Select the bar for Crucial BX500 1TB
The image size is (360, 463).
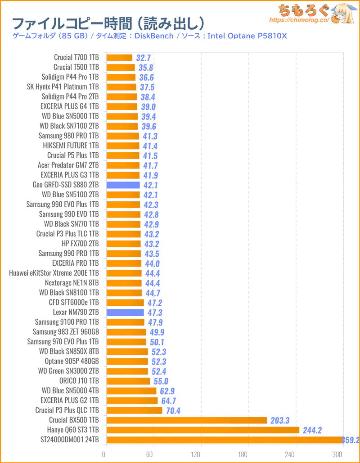coord(186,420)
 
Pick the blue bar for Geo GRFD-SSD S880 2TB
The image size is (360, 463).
coord(123,185)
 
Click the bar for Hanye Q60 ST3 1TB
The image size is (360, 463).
coord(202,430)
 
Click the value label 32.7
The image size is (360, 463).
coord(143,58)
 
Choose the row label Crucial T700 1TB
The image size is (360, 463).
coord(76,58)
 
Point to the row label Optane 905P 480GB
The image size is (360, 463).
coord(72,361)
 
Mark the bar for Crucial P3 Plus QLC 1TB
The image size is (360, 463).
coord(134,410)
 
